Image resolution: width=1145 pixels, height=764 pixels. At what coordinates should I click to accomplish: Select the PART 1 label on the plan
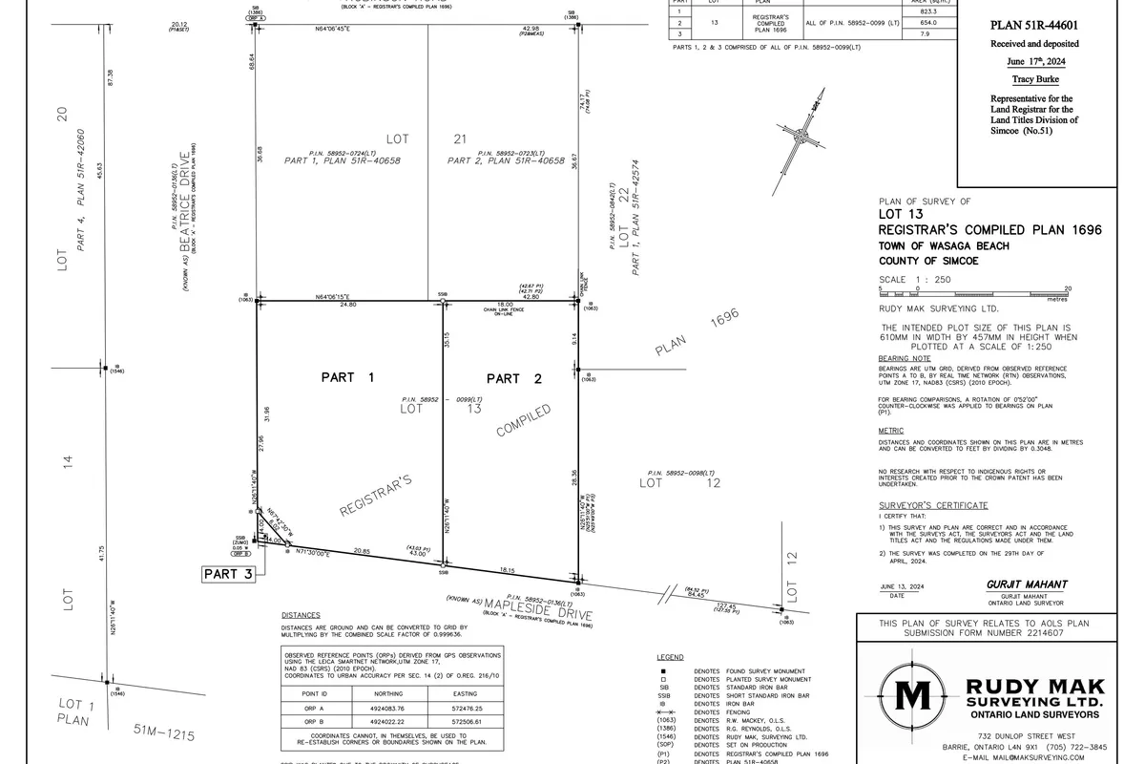coord(345,378)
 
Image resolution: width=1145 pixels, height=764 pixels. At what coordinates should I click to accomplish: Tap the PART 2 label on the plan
coord(514,379)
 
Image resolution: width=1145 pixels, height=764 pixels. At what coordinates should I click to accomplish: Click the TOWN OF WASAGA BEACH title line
coord(944,245)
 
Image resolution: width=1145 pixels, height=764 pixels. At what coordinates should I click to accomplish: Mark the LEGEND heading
coord(671,658)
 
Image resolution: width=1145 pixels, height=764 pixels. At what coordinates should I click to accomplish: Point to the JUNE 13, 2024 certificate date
coord(899,585)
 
